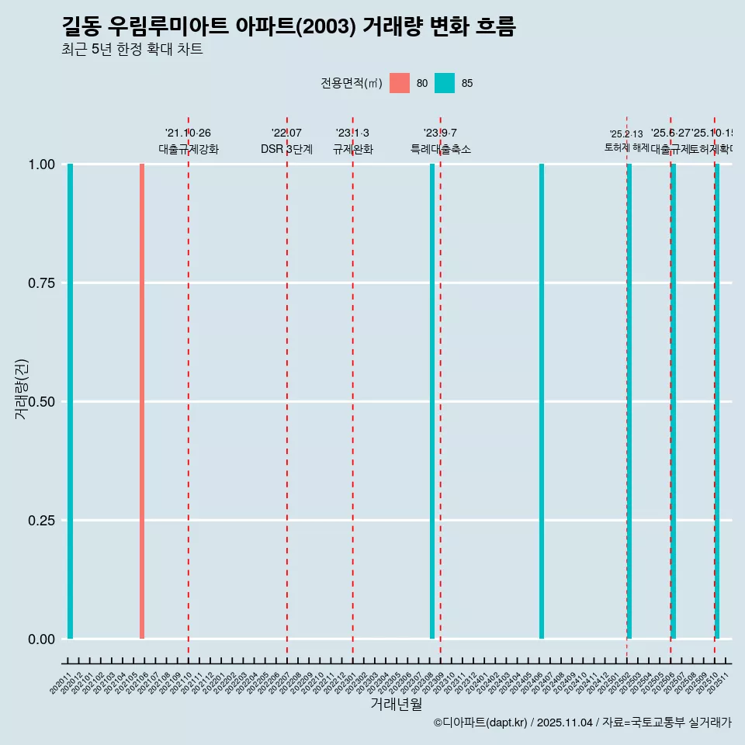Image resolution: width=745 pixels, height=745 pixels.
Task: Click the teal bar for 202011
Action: point(70,401)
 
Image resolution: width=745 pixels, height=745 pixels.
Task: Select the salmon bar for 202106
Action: point(142,401)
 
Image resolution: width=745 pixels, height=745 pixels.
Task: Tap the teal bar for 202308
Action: point(432,401)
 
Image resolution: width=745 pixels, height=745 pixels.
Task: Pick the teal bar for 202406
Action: point(542,401)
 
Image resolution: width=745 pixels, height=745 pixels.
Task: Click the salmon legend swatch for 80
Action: point(400,83)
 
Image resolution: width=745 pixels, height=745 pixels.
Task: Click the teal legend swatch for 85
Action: point(445,83)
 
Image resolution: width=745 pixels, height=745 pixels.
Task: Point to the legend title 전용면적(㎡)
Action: point(351,83)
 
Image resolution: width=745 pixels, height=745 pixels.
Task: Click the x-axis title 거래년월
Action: point(396,705)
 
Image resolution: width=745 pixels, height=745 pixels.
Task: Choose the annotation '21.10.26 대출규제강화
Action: point(189,141)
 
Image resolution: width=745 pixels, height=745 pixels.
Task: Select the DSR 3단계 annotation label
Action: point(286,149)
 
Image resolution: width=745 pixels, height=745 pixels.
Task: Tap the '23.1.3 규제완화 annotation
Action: point(353,141)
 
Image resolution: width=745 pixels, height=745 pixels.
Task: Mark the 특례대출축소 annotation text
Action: point(441,149)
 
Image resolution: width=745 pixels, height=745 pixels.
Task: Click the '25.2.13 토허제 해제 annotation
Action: point(626,140)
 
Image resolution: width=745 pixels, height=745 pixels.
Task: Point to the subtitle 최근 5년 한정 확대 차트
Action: point(132,50)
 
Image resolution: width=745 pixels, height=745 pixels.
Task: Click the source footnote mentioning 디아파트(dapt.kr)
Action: point(582,722)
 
